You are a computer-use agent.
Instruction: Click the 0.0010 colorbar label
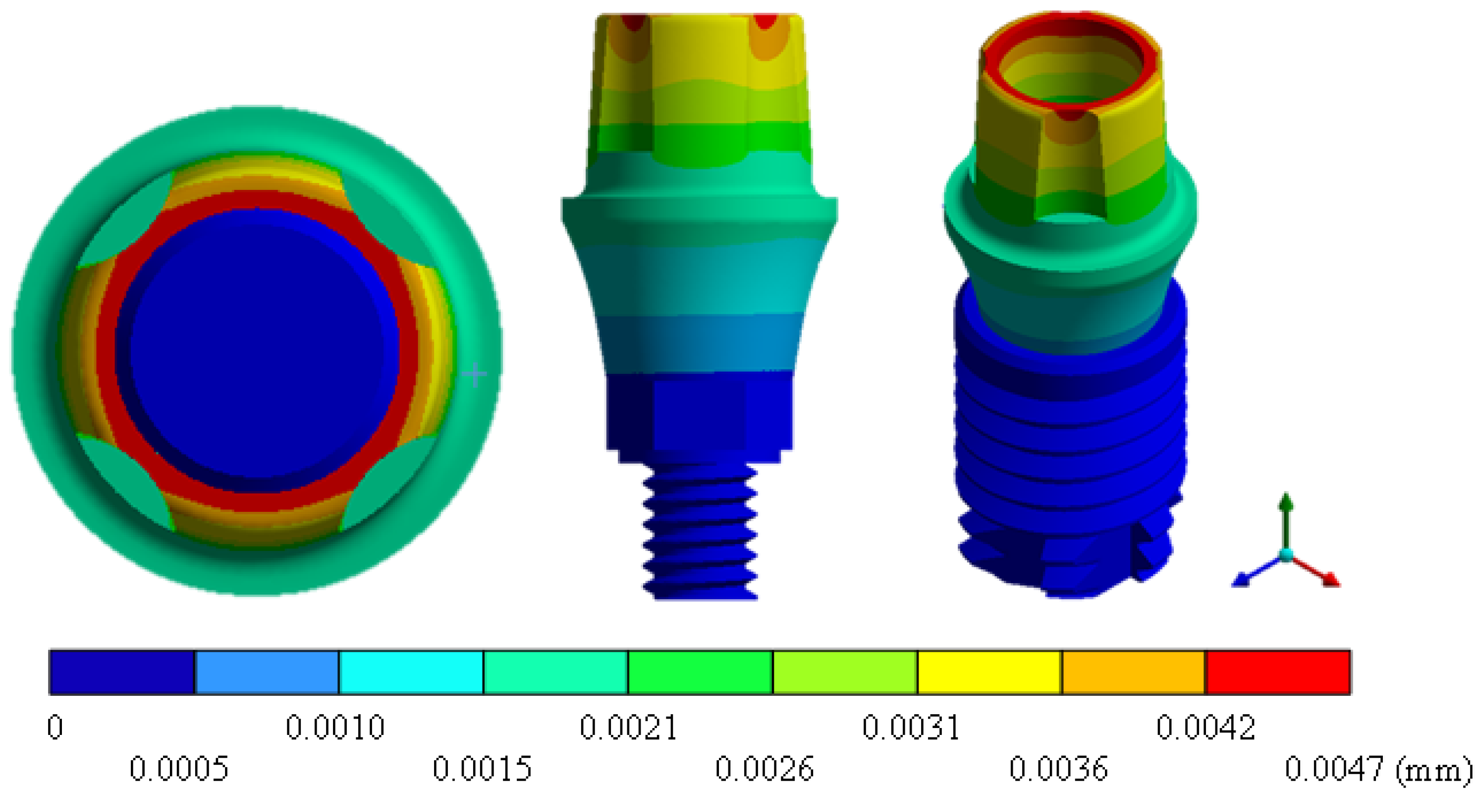[335, 728]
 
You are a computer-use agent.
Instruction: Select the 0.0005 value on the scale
[178, 769]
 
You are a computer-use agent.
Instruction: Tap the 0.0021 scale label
[628, 728]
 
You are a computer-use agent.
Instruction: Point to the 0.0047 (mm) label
[1377, 769]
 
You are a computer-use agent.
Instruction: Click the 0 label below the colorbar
[55, 728]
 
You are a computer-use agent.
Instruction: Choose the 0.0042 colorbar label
[1205, 728]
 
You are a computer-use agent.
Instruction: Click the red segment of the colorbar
[1278, 672]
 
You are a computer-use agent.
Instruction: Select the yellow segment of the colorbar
[989, 672]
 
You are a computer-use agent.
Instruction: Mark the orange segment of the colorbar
[1134, 672]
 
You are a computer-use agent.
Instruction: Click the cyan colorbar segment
[411, 672]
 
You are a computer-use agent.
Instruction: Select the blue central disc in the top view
[257, 350]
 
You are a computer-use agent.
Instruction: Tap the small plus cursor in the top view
[475, 374]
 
